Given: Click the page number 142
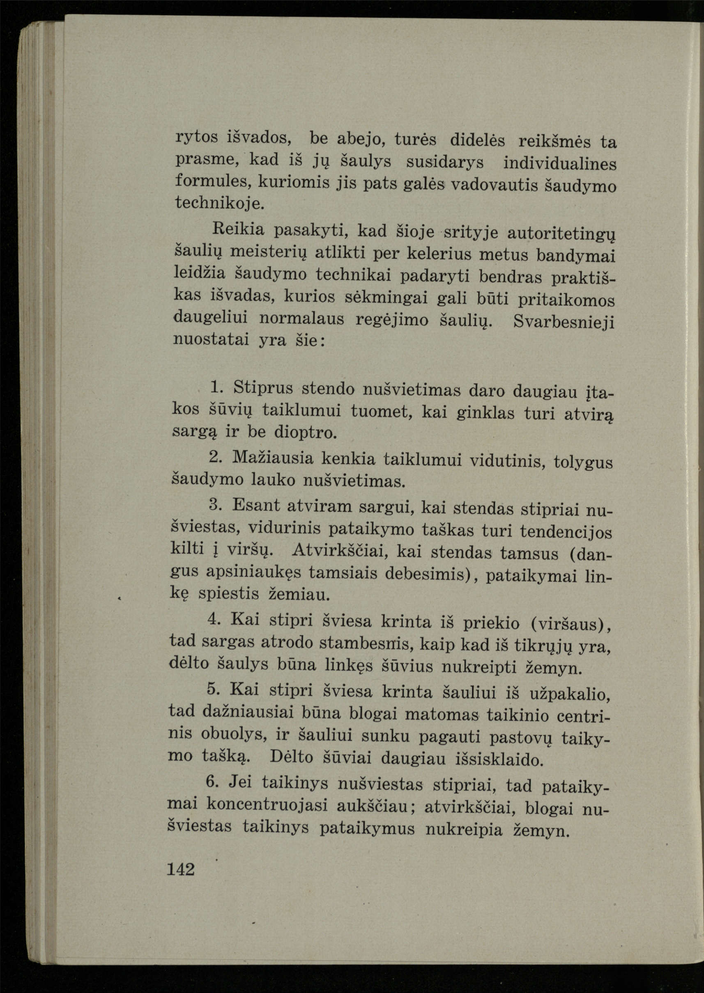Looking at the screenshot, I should tap(181, 869).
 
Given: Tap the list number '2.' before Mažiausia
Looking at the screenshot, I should tap(216, 457).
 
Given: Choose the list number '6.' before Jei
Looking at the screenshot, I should tap(213, 781).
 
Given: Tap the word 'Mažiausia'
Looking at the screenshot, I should tap(273, 458).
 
